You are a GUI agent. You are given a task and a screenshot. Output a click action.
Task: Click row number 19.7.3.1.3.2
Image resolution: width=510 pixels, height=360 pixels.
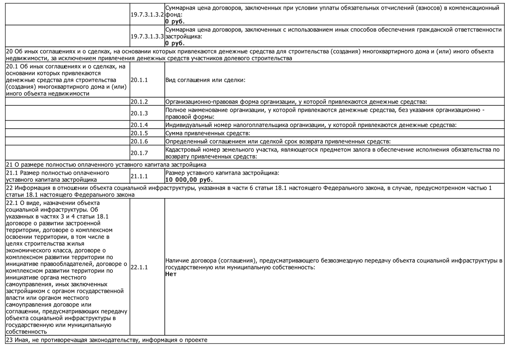[x=147, y=15]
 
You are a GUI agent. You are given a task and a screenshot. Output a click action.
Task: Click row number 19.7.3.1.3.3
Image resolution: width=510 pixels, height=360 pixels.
[x=147, y=36]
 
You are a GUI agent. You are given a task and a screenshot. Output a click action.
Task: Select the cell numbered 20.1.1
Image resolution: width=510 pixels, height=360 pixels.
[x=139, y=80]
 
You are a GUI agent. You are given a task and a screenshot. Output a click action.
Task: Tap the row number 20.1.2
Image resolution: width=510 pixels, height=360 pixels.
[x=139, y=102]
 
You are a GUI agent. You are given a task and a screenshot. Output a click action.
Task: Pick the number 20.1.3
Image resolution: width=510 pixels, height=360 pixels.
[x=139, y=113]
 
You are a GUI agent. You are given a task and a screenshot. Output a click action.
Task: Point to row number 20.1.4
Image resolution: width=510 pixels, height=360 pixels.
[x=139, y=125]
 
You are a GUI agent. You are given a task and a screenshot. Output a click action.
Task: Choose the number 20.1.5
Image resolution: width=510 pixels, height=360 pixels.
[x=139, y=133]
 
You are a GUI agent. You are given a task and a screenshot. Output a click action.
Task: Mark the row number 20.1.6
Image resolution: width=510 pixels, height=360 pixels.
[x=139, y=141]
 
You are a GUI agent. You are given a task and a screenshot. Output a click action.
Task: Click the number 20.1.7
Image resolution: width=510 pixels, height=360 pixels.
[x=139, y=153]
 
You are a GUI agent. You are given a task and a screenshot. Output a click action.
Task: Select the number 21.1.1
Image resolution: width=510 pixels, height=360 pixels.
[x=139, y=176]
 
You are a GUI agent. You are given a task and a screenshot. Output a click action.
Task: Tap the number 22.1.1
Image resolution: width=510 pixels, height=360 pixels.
[x=139, y=267]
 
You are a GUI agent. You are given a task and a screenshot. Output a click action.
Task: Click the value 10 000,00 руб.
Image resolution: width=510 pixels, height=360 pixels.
[x=189, y=180]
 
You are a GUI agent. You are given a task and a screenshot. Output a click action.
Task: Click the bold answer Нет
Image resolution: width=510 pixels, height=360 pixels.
[x=171, y=274]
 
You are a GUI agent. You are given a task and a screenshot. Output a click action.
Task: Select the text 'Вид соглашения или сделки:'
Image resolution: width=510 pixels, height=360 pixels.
[x=205, y=80]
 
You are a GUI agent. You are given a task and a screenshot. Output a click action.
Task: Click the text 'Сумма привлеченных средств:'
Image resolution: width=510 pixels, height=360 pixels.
[x=207, y=133]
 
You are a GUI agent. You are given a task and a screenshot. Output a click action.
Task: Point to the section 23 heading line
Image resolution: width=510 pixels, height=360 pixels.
[x=107, y=340]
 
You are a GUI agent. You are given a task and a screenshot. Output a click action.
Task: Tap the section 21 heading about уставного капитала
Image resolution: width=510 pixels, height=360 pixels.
[x=106, y=165]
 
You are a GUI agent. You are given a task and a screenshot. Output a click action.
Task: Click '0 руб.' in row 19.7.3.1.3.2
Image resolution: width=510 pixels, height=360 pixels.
[x=175, y=22]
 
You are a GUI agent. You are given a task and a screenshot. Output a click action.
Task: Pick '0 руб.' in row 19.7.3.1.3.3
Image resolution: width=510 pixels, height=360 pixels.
[x=175, y=43]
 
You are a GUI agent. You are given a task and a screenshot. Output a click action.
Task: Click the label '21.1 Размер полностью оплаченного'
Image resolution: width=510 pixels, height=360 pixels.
[x=58, y=173]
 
